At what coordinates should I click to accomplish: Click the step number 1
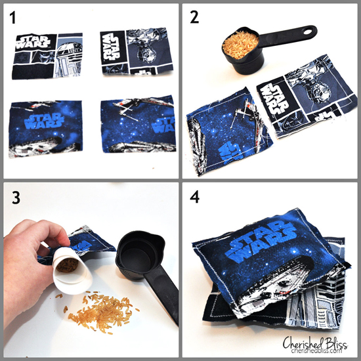(x=14, y=18)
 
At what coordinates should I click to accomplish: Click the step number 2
(x=196, y=18)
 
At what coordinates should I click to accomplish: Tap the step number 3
(x=14, y=197)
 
